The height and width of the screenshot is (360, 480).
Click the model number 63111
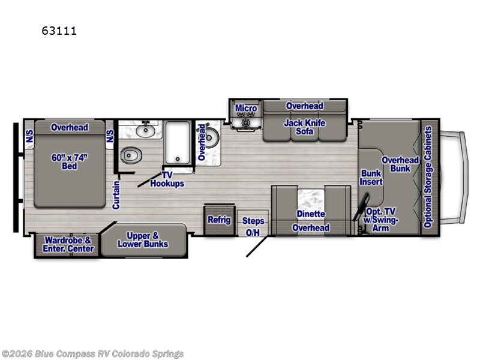[59, 31]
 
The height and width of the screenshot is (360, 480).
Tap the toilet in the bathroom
[131, 155]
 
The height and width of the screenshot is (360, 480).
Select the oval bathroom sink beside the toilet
[145, 131]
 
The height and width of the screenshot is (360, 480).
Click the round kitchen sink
[209, 137]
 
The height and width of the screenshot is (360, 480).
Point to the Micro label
[246, 109]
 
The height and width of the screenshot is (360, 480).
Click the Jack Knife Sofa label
[305, 127]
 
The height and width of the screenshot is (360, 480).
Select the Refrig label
[219, 220]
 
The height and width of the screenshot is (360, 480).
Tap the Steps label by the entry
[253, 221]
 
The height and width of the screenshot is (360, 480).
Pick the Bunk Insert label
[371, 178]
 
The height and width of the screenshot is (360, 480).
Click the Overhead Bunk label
[400, 164]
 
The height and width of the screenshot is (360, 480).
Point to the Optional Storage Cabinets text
[428, 177]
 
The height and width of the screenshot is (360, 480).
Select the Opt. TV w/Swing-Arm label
[380, 220]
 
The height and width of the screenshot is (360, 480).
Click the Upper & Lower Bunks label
[143, 239]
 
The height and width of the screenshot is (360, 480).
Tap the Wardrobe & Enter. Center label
[68, 244]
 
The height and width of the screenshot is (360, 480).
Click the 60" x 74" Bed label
[70, 161]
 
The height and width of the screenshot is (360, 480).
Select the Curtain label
[116, 195]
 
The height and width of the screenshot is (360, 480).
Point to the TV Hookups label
[167, 179]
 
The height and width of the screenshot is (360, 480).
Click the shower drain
[178, 159]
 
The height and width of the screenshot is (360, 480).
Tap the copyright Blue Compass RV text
[92, 354]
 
